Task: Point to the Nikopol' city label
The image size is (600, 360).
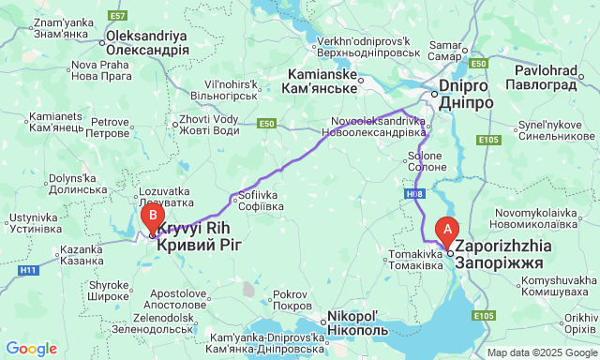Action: click(353, 323)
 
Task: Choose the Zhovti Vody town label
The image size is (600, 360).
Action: click(208, 125)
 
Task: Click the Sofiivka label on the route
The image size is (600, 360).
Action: click(259, 200)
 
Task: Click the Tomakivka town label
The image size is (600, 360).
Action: click(415, 259)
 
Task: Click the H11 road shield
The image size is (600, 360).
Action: click(28, 270)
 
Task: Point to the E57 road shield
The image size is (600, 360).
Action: click(117, 16)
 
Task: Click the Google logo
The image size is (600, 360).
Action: click(31, 349)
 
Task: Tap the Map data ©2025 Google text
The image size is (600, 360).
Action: click(540, 352)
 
